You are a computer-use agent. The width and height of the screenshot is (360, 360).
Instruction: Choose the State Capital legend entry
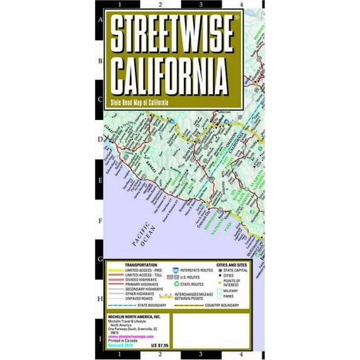[222, 271]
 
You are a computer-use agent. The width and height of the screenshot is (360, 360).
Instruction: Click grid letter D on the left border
[99, 141]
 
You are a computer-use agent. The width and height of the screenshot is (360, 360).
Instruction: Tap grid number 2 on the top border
[161, 5]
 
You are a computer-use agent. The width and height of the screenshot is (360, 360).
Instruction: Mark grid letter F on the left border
[99, 221]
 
